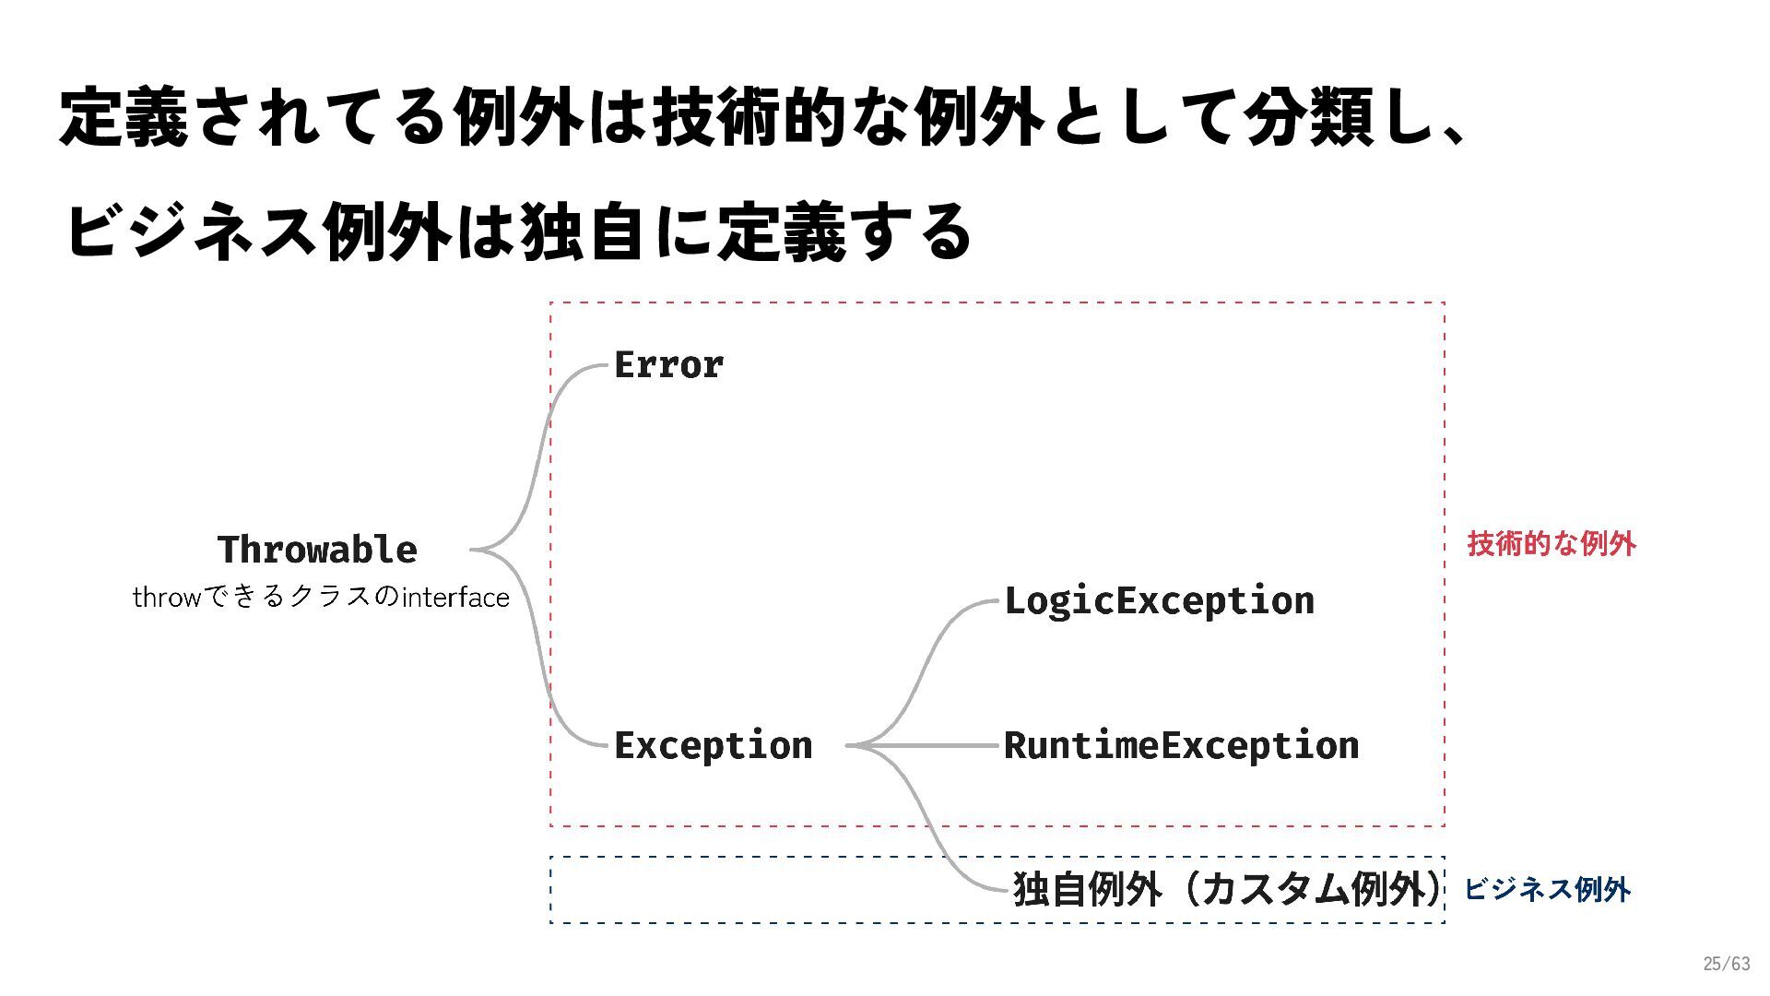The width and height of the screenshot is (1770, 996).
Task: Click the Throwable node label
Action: point(317,550)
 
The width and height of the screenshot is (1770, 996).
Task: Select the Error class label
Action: point(668,365)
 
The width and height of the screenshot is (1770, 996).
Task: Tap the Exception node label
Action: point(713,745)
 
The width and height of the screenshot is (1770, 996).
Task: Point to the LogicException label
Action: point(1159,601)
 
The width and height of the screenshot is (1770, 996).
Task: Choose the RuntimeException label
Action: point(1181,745)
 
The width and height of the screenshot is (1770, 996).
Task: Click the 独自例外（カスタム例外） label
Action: point(1226,889)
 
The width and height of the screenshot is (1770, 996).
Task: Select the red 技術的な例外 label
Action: point(1552,544)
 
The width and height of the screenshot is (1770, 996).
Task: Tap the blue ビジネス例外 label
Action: point(1547,889)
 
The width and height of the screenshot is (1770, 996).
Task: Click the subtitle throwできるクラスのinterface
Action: point(321,598)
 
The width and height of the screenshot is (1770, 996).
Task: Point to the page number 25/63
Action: point(1726,964)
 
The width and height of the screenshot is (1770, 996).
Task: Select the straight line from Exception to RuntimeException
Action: point(931,745)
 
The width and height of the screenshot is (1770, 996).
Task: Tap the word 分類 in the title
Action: point(1308,118)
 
